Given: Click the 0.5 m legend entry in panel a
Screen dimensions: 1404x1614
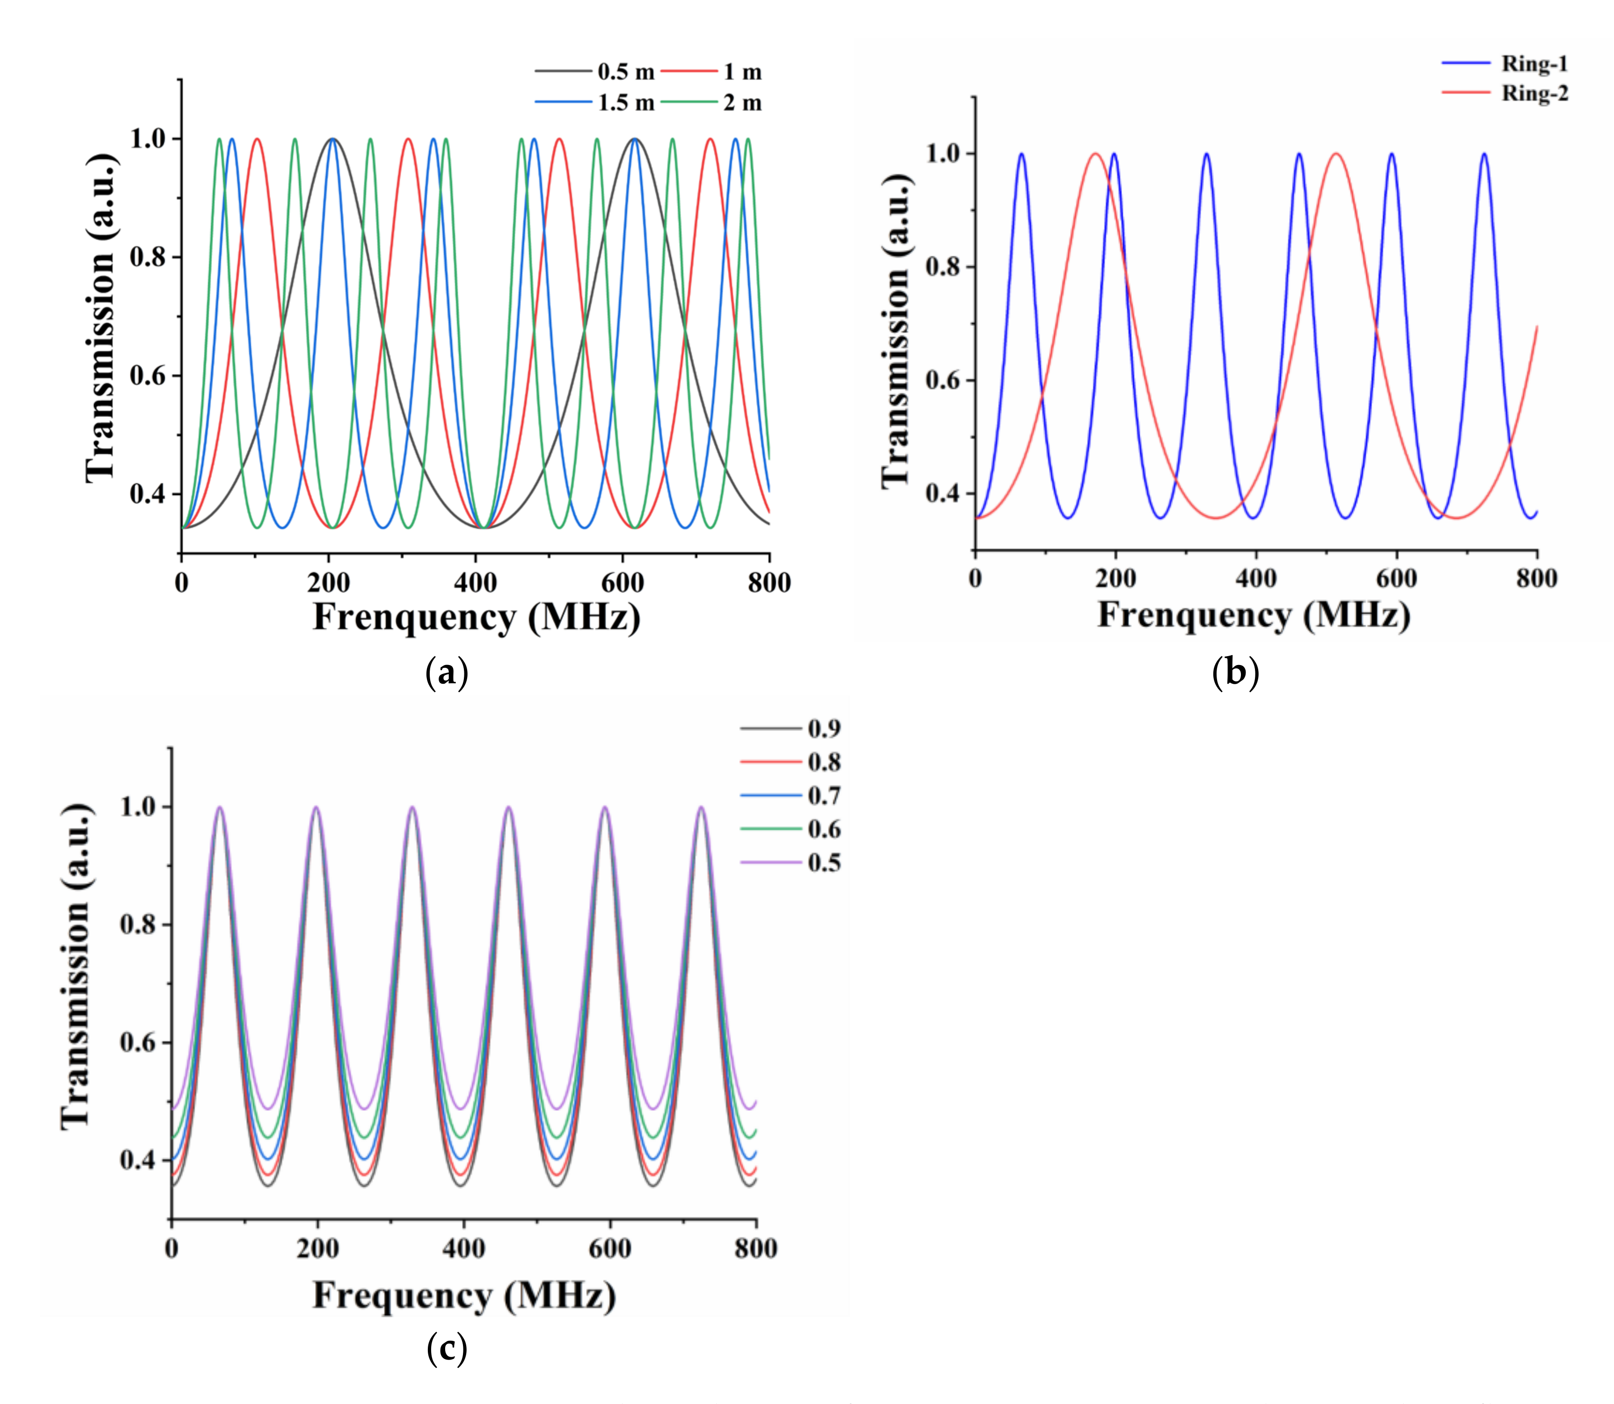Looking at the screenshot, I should [625, 72].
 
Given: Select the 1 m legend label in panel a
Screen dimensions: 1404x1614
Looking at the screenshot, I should [741, 72].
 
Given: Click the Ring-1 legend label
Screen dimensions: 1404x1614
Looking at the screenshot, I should [1534, 64].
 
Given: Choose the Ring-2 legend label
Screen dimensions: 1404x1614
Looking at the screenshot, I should [1534, 93].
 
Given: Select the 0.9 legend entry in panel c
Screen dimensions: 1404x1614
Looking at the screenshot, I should [824, 729].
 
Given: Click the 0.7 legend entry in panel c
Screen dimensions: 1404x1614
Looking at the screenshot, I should [824, 796].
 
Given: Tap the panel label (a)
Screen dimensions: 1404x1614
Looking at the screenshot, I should [447, 672].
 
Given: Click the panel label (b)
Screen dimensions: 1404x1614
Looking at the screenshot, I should [1235, 672].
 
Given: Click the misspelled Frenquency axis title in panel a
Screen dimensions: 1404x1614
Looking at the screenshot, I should [476, 617].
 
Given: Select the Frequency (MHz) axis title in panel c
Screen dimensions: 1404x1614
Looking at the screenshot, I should [463, 1294].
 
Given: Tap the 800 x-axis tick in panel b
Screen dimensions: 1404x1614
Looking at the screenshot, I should [1536, 578].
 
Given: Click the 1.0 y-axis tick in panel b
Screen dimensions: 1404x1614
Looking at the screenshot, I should [943, 154].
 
